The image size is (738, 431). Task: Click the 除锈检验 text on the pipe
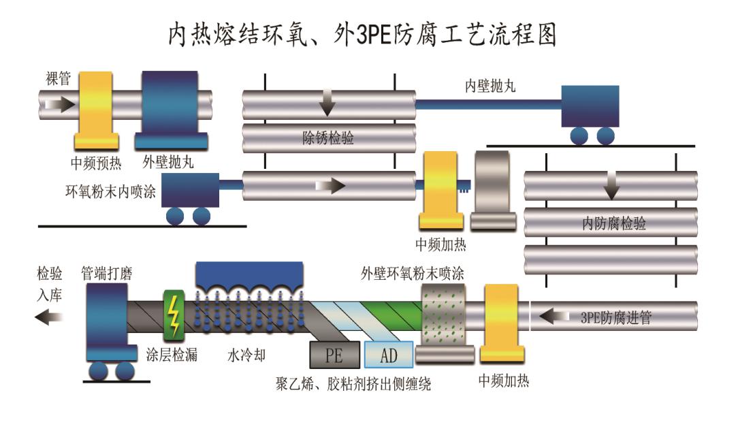(x=328, y=139)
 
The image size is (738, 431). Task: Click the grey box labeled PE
(x=334, y=355)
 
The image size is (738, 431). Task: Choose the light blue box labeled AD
(x=389, y=355)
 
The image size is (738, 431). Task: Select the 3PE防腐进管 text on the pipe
(x=615, y=317)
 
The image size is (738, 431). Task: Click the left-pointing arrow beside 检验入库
(x=48, y=316)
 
